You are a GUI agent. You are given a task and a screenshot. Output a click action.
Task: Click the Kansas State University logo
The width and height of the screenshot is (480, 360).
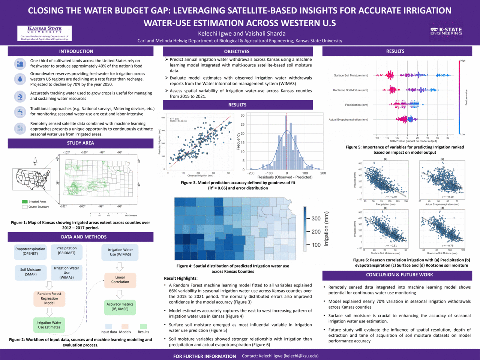45,33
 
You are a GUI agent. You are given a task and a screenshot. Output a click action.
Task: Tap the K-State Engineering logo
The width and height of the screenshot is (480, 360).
446,31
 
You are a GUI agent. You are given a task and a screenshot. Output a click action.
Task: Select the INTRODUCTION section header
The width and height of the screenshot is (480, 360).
76,51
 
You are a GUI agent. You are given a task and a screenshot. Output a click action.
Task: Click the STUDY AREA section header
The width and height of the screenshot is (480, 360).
80,143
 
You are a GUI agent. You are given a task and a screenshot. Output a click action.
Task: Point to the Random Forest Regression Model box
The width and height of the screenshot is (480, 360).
49,298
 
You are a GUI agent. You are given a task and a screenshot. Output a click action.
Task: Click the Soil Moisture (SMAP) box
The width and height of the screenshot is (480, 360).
31,272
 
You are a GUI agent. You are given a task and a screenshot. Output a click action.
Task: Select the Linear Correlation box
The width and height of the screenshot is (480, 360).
120,280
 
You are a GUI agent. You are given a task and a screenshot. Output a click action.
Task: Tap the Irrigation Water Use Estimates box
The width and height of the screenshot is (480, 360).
49,325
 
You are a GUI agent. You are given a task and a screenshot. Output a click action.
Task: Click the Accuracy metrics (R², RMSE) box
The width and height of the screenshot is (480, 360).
120,307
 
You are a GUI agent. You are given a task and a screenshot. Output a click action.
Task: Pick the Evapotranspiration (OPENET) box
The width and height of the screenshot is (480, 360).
30,251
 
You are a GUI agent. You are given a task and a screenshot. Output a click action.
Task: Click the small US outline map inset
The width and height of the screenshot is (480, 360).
32,179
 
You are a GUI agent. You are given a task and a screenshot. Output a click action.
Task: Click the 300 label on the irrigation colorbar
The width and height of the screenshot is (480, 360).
316,219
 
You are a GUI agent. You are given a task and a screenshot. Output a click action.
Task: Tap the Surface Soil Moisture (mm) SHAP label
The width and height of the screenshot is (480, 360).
351,75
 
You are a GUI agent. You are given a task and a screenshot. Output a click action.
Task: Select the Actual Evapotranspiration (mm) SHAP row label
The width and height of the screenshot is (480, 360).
348,120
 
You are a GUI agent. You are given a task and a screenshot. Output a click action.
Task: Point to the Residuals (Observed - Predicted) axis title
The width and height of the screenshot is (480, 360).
285,177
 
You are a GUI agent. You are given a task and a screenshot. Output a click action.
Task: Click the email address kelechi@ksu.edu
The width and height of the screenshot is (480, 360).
301,356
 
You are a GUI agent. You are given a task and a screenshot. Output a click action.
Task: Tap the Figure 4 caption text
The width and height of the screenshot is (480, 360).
233,268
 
